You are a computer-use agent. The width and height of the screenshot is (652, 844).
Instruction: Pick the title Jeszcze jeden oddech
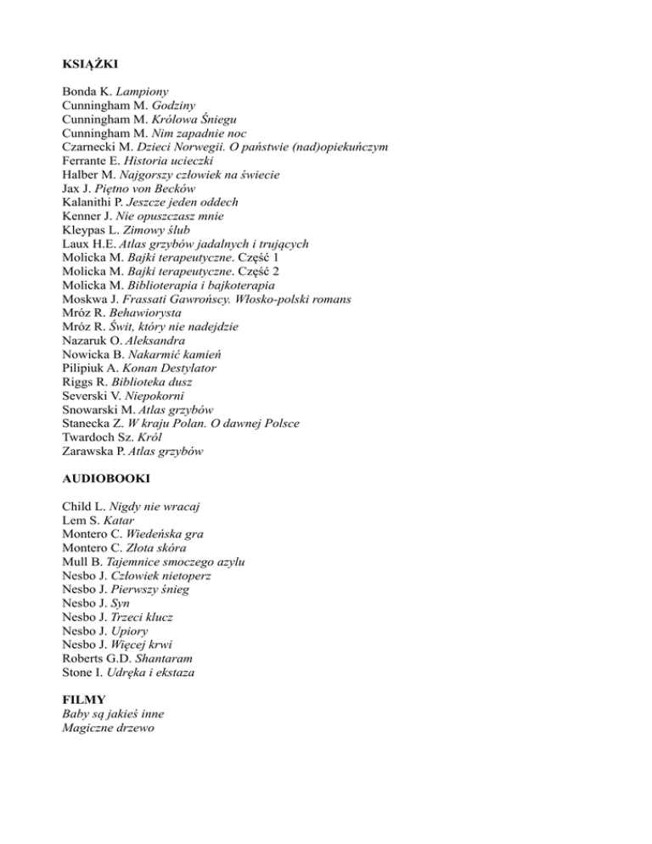pos(192,203)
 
